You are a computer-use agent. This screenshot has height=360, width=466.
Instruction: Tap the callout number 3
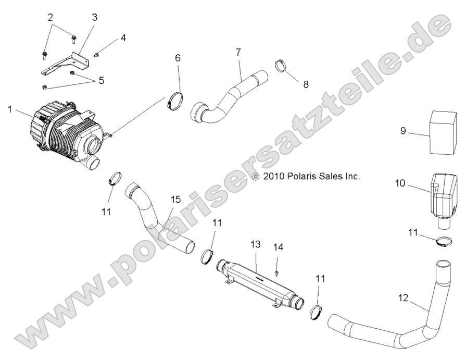(94, 17)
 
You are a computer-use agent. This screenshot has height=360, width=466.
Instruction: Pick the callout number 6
(178, 57)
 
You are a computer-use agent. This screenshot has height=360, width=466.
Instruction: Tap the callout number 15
(176, 200)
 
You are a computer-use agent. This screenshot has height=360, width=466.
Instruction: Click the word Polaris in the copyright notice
(300, 177)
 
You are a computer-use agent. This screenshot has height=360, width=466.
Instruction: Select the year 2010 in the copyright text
(274, 177)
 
